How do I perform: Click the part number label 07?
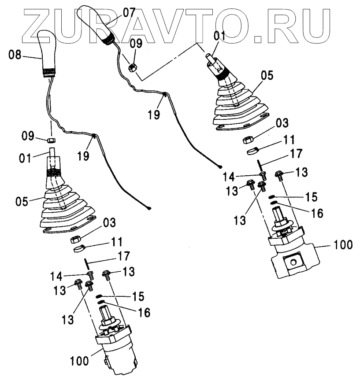pyautogui.click(x=129, y=12)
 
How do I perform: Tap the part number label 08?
pyautogui.click(x=15, y=55)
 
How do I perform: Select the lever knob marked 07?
pyautogui.click(x=97, y=24)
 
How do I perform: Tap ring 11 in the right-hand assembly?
pyautogui.click(x=252, y=152)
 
